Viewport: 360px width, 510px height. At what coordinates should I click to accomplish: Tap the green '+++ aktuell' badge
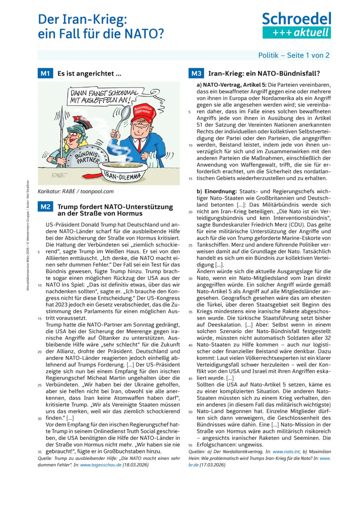pyautogui.click(x=296, y=33)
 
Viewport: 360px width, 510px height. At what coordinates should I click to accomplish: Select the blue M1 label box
pyautogui.click(x=45, y=74)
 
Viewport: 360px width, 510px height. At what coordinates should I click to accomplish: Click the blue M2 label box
pyautogui.click(x=45, y=206)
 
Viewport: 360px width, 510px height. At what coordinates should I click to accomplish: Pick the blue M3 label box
pyautogui.click(x=195, y=74)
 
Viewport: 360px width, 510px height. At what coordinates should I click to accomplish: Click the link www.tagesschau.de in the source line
pyautogui.click(x=99, y=464)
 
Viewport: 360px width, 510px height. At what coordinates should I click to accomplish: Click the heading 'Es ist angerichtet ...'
pyautogui.click(x=89, y=74)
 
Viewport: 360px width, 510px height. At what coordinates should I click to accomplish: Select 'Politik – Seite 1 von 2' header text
pyautogui.click(x=293, y=55)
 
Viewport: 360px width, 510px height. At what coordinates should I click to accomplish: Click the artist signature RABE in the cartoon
pyautogui.click(x=59, y=175)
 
